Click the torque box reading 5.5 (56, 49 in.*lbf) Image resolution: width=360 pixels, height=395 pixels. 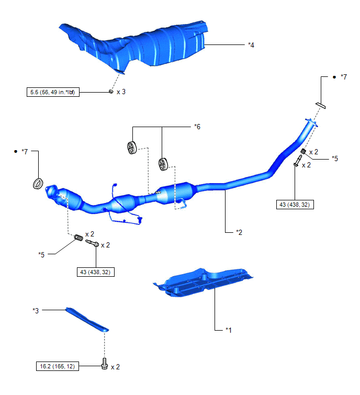53,92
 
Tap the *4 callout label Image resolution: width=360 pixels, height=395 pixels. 251,45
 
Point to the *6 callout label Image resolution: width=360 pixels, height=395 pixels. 197,127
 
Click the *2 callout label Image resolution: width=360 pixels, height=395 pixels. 239,232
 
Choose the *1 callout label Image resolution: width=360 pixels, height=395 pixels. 229,330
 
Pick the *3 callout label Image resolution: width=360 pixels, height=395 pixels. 36,311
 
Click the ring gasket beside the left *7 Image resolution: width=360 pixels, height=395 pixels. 38,184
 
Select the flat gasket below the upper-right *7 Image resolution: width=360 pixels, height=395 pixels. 320,106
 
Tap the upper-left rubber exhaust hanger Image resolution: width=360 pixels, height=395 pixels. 132,148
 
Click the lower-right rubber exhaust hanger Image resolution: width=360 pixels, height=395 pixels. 163,164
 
